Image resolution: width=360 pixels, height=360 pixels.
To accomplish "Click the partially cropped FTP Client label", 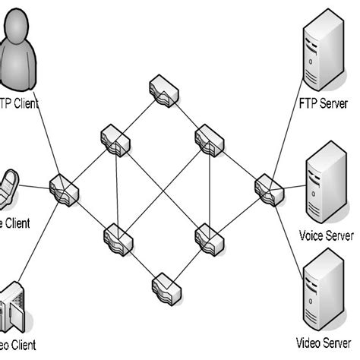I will point(20,103).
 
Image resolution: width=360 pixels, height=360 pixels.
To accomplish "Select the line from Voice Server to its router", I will point(289,185).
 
